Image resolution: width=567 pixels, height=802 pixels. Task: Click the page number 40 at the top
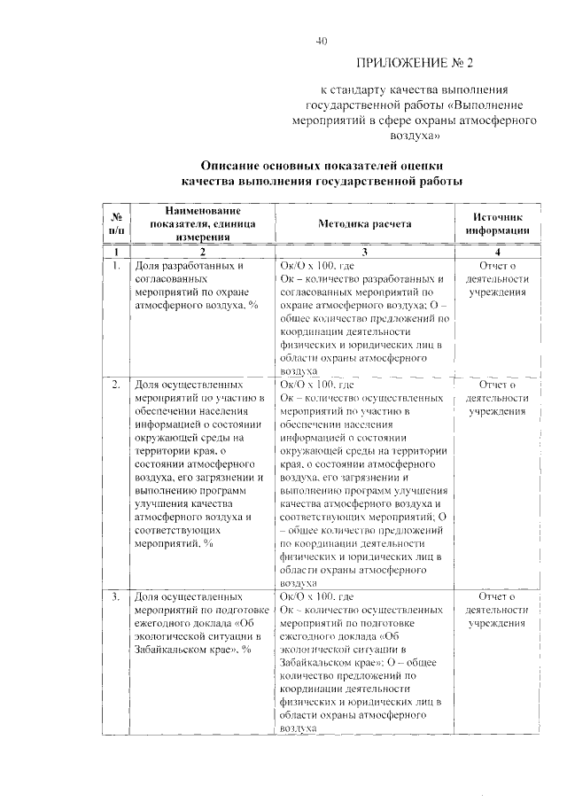(x=322, y=41)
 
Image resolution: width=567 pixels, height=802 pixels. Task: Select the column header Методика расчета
(x=364, y=225)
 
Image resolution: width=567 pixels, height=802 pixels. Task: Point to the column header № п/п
(x=116, y=225)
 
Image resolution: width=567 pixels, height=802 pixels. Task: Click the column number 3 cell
(x=364, y=253)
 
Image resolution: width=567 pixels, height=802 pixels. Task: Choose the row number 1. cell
(x=116, y=264)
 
